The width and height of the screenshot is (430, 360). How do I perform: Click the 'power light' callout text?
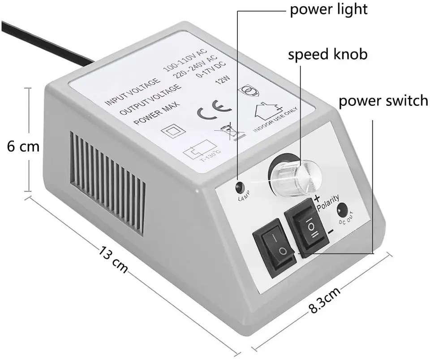328,9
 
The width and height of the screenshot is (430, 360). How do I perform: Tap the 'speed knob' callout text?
327,55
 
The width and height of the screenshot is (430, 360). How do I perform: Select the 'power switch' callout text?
383,101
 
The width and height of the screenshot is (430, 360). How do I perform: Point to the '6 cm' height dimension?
23,146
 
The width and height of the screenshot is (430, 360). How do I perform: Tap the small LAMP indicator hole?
240,186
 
